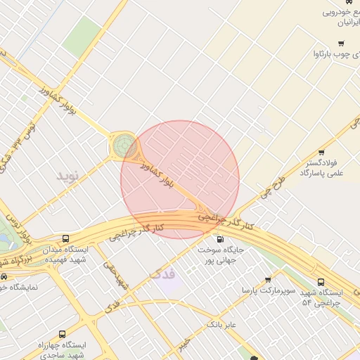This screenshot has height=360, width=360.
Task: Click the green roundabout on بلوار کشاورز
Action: coord(124,147)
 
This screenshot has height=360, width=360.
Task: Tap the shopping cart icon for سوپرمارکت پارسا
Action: coord(267,280)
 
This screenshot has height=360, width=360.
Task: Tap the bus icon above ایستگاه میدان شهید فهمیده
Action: coord(65,239)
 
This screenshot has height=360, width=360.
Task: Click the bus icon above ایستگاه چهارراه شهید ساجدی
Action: coord(62,335)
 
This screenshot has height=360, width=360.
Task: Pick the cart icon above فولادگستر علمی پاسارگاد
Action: coord(321,153)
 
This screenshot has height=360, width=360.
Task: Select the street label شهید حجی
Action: coord(115,275)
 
